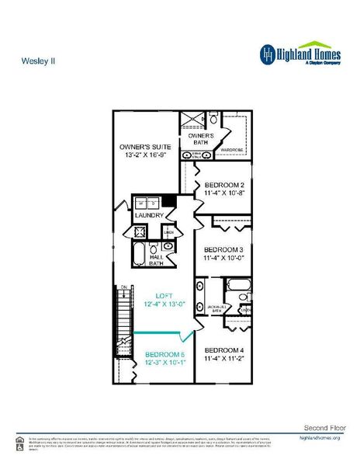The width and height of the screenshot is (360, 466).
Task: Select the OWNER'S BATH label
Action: click(x=201, y=139)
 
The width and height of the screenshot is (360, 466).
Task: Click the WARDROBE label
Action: click(x=233, y=149)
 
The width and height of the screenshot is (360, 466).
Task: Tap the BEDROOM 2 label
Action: click(x=224, y=185)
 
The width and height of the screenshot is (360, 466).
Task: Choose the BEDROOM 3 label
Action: click(x=224, y=249)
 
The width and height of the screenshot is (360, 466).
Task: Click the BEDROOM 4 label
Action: click(x=224, y=350)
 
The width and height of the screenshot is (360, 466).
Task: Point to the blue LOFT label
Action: click(x=164, y=295)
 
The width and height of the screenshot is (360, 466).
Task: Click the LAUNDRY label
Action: click(x=149, y=215)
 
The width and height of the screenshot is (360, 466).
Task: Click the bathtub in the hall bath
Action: click(x=139, y=254)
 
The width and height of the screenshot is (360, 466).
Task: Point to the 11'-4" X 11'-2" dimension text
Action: click(x=224, y=359)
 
